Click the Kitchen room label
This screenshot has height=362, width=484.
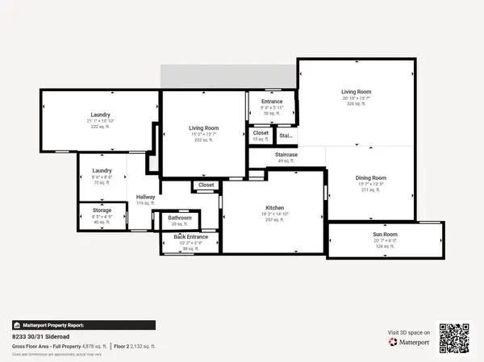tap(274, 208)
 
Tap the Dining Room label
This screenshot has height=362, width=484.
tap(372, 177)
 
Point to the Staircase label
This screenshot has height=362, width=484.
tap(286, 154)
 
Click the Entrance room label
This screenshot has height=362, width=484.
tap(272, 102)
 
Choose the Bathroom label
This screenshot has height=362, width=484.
tap(179, 218)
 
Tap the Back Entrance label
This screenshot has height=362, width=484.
tap(191, 237)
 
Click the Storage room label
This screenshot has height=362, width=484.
tap(102, 210)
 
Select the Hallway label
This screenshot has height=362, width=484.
tap(145, 197)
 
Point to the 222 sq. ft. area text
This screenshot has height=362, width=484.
tap(101, 127)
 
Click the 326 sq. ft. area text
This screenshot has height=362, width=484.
tap(356, 104)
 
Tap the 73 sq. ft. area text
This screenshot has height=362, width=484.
tap(102, 183)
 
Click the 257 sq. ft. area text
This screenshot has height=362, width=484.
tap(274, 219)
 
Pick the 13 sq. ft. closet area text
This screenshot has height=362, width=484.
tap(261, 139)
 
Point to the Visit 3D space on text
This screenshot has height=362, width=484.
tap(408, 332)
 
